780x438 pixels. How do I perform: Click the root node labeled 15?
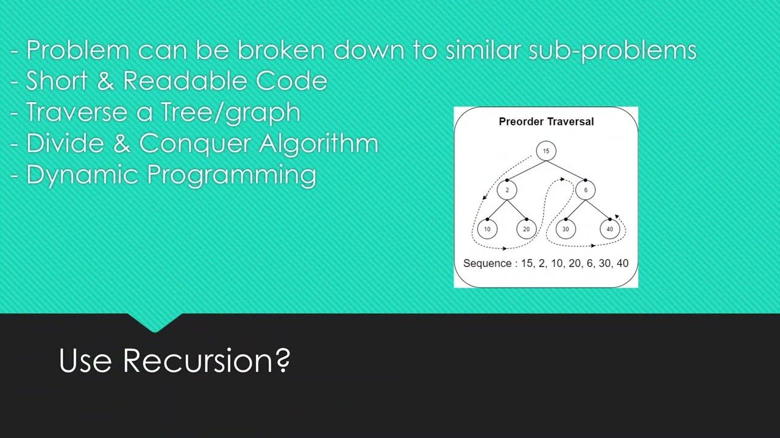point(546,151)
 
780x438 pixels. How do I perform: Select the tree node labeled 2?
point(506,190)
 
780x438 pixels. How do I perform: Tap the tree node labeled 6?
point(585,190)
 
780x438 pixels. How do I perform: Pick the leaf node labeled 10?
point(487,229)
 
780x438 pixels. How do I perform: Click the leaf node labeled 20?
point(526,229)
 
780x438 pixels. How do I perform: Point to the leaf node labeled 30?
point(565,229)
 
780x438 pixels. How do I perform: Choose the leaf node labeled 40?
point(609,229)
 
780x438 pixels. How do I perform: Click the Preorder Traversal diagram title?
point(546,122)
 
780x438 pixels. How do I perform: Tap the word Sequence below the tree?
point(487,263)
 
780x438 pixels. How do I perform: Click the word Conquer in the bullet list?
point(195,144)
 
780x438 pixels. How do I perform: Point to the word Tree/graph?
point(230,113)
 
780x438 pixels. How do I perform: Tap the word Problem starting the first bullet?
point(77,50)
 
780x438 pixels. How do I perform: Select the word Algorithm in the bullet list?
point(319,144)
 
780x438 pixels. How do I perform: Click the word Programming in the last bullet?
point(232,175)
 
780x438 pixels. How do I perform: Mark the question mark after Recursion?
point(283,361)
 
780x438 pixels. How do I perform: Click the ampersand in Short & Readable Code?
point(105,81)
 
